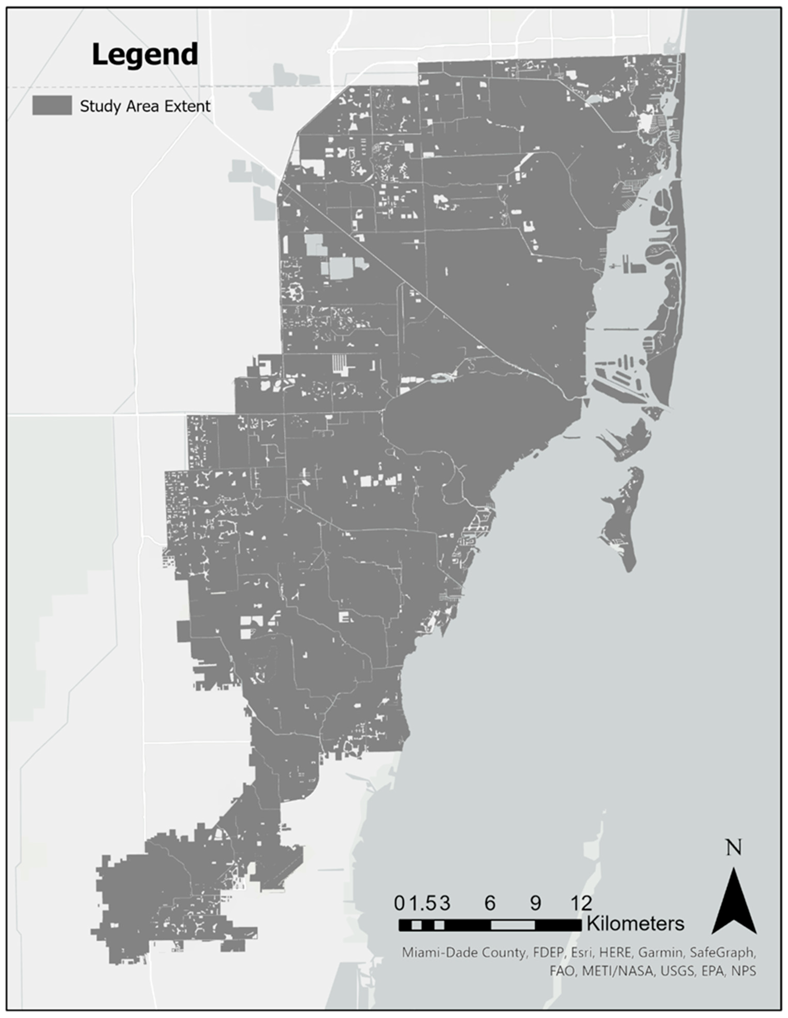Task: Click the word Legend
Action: click(x=145, y=55)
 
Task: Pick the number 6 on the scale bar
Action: click(x=490, y=903)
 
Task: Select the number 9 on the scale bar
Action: click(x=535, y=903)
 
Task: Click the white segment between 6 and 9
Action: click(x=513, y=925)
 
